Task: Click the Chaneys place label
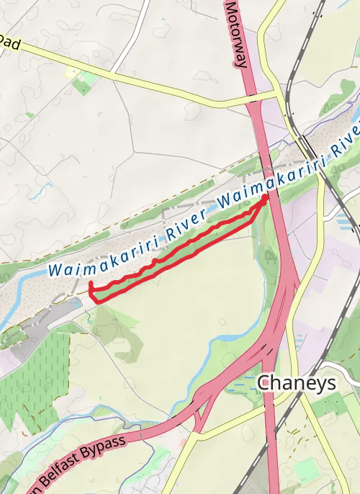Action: tap(296, 382)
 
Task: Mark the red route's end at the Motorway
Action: tap(266, 197)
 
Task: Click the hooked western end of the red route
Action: tap(91, 287)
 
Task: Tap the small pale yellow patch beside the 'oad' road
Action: tap(73, 72)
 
